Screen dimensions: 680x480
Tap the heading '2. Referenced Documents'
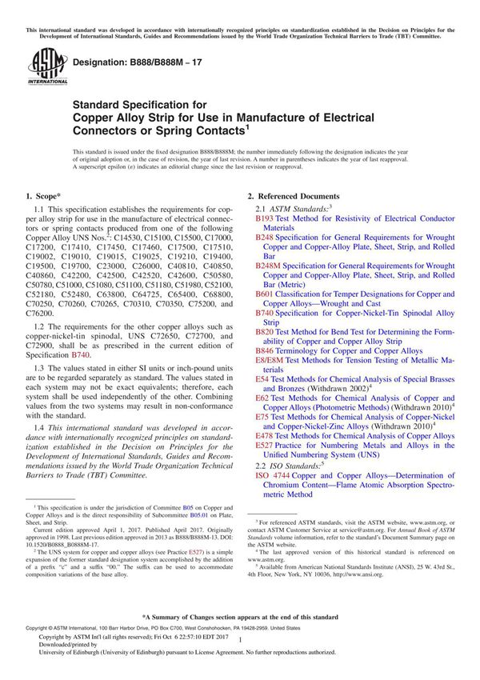(293, 197)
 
